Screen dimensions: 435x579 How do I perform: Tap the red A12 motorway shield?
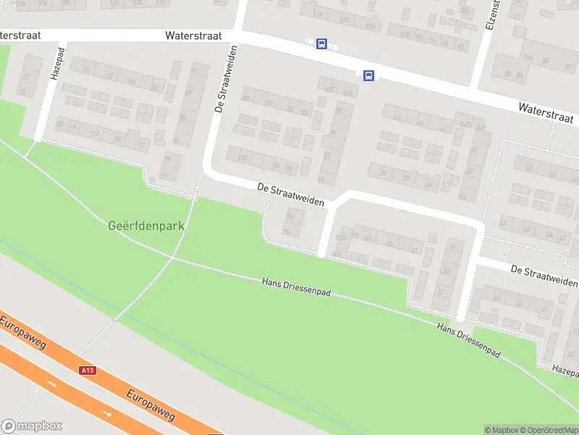(x=88, y=370)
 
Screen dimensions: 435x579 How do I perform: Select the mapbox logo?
(x=31, y=426)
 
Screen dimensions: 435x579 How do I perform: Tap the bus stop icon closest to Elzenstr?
(x=368, y=75)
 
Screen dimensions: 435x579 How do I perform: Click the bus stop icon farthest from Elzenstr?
(x=321, y=44)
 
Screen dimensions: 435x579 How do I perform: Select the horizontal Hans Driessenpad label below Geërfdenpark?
(x=296, y=286)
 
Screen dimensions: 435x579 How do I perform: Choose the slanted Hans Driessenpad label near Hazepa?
(x=469, y=339)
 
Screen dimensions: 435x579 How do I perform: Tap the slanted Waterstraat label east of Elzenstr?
(x=546, y=112)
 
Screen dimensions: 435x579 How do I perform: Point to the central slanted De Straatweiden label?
(x=290, y=195)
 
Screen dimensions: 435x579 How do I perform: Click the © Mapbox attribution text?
(x=501, y=430)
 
